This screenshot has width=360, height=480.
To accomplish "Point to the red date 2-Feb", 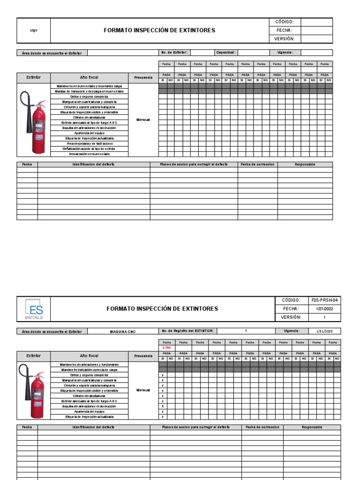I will click(x=166, y=347).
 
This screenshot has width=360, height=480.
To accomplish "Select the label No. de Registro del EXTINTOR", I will click(x=187, y=331).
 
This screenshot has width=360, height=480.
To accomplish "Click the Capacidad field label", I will click(x=225, y=52).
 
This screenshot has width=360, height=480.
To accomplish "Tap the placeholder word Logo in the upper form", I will click(x=33, y=30).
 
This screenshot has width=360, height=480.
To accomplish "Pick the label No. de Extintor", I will click(x=174, y=52).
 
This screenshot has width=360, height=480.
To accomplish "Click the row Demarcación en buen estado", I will click(x=89, y=154).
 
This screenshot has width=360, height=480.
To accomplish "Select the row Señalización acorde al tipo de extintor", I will click(x=89, y=149).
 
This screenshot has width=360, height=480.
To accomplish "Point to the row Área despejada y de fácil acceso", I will click(x=89, y=143).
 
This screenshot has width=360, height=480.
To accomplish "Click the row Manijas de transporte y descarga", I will click(x=89, y=91).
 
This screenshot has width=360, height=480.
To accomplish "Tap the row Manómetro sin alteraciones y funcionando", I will click(x=89, y=364).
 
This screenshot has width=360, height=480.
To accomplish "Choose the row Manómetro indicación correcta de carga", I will click(x=89, y=369).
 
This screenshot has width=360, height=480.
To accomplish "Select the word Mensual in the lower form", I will click(x=143, y=390).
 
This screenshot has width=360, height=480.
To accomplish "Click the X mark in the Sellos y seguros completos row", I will click(x=163, y=375).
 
